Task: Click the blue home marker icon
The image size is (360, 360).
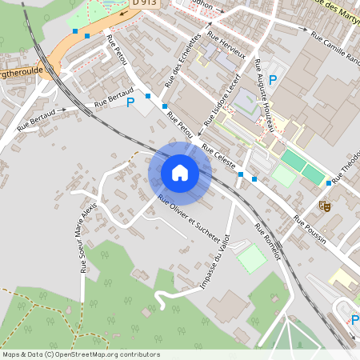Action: [x=180, y=173]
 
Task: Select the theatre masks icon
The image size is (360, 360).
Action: [x=325, y=206]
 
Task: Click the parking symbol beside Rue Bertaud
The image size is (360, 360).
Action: [x=130, y=102]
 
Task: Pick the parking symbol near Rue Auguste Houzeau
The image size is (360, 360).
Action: [x=273, y=79]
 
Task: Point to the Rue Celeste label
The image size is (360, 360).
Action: [x=219, y=156]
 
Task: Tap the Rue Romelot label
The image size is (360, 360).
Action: [x=268, y=242]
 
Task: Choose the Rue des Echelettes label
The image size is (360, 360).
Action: [x=182, y=60]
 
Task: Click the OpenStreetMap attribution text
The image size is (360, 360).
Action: [x=81, y=354]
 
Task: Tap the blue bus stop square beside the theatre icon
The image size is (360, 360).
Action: [x=328, y=183]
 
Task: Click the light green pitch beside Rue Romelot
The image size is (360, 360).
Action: [x=252, y=258]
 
